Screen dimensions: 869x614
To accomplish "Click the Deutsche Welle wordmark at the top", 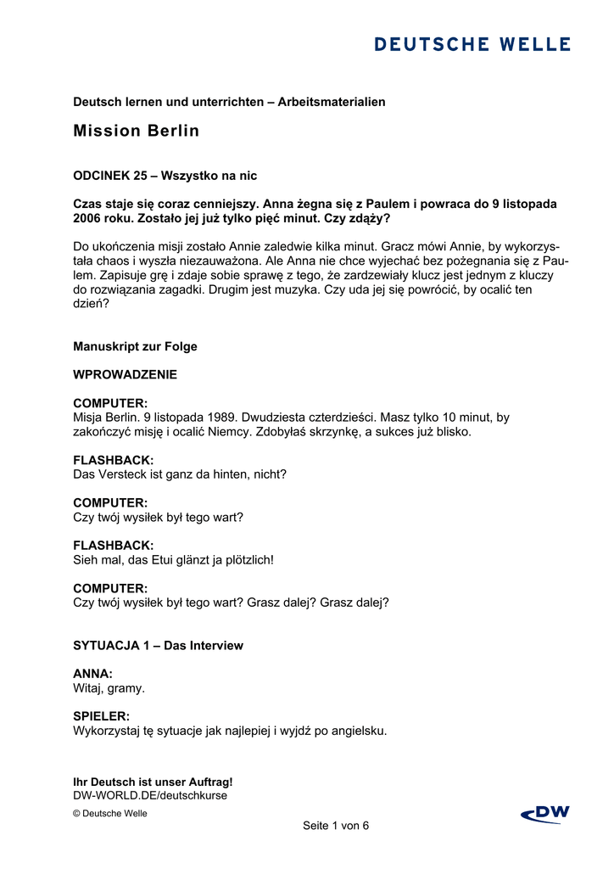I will pos(472,44).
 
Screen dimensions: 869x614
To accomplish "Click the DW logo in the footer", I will pos(545,815).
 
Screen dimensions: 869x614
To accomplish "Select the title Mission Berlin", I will pos(137,131).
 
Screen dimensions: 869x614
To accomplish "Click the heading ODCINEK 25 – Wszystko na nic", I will pos(165,176).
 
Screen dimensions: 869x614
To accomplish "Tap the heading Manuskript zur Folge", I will pos(135,346).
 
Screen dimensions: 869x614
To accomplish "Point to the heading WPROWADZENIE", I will pos(125,374).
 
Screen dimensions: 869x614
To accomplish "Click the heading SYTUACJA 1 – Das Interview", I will pos(158,646).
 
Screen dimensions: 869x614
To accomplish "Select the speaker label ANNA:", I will pos(93,674).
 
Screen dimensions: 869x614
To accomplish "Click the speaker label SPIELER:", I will pos(102,716).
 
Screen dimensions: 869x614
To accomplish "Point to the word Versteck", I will pos(127,474).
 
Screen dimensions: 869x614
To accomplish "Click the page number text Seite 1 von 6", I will pos(336,826).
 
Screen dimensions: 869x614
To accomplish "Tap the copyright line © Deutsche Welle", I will pos(110,814).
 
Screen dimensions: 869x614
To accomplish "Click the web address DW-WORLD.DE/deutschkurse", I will pos(150,796).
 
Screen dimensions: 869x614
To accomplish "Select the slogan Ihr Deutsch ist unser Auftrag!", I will pos(153,782).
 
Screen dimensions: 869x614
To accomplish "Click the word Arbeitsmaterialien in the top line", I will pos(332,102).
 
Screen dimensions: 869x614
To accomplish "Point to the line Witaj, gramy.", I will pos(109,688).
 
